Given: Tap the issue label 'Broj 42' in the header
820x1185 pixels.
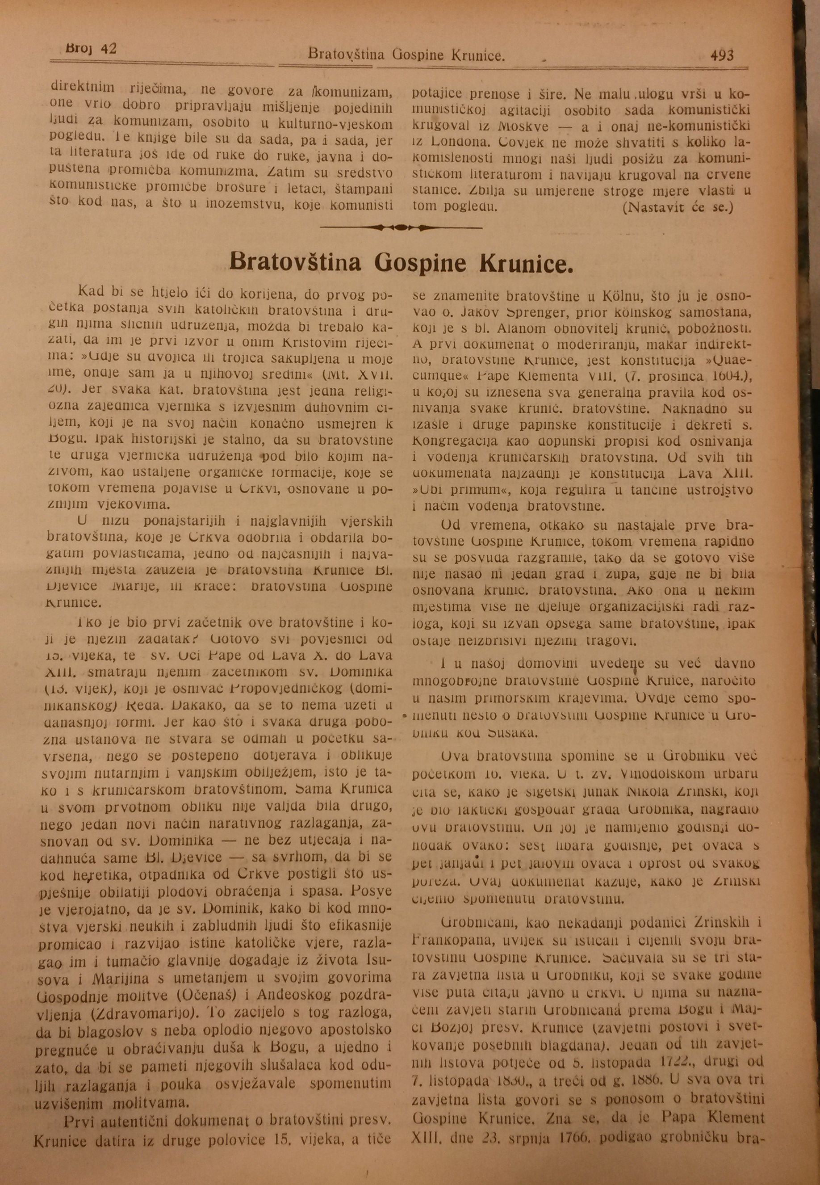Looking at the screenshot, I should point(92,49).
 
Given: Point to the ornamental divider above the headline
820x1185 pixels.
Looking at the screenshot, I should point(400,227).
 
